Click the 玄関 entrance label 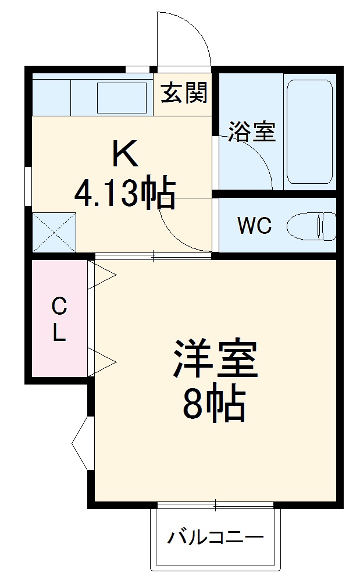[x=184, y=92]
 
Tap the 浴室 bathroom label [x=251, y=132]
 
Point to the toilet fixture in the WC [x=313, y=226]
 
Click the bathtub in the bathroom [x=309, y=131]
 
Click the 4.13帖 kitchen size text [x=125, y=194]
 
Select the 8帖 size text [x=213, y=404]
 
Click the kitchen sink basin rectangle [x=121, y=98]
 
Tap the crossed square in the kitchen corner [x=54, y=232]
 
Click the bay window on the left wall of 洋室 [x=82, y=443]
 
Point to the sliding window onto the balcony [x=215, y=504]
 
